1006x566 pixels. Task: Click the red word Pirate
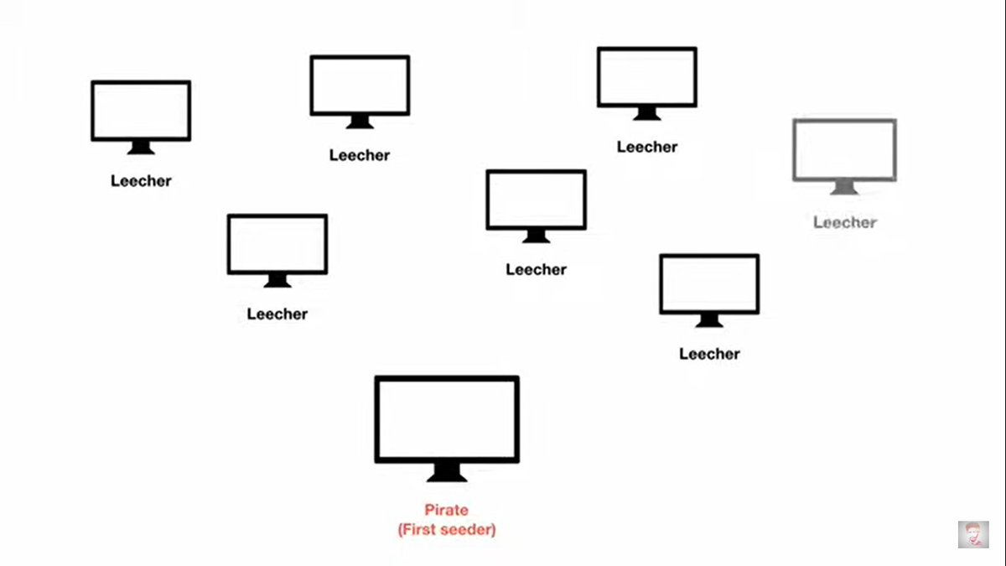446,510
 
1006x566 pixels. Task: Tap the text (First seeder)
446,530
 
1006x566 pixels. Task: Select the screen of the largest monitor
447,418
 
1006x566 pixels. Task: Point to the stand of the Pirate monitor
447,473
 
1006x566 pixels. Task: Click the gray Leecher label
845,222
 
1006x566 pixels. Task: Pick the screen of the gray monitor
844,149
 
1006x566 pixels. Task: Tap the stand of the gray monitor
844,188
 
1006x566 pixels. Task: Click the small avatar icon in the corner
973,534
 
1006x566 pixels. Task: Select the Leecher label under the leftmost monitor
141,180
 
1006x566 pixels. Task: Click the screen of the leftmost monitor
141,111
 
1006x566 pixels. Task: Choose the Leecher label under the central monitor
537,269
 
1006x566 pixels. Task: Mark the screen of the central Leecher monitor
537,200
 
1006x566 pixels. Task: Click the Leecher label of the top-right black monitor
647,147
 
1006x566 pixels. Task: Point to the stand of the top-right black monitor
647,113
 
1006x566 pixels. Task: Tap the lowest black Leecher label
709,354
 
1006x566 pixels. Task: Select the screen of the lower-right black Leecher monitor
709,283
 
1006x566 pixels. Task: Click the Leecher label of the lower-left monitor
277,314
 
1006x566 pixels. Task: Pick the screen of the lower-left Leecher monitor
277,244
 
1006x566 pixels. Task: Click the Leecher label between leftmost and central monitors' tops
360,155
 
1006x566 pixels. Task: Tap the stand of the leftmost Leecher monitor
141,148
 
